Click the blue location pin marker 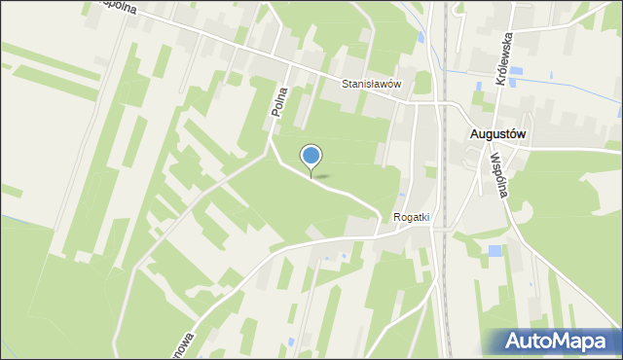(311, 157)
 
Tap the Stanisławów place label (371, 85)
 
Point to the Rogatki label (412, 218)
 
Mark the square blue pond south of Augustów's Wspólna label (495, 251)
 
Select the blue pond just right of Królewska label (516, 71)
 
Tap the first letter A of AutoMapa (516, 342)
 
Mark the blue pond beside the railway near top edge (420, 37)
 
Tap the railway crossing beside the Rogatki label (440, 228)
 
